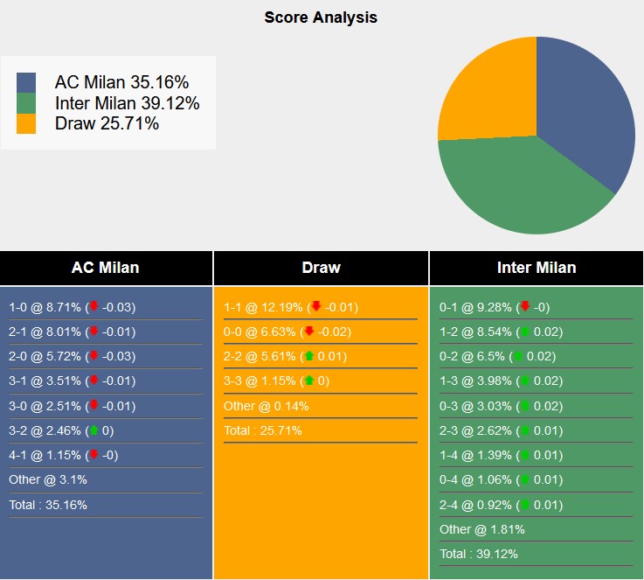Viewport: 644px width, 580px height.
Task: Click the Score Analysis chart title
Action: pos(321,17)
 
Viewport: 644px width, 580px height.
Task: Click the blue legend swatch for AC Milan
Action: pos(26,82)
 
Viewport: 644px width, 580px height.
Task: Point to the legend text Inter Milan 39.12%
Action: pos(127,103)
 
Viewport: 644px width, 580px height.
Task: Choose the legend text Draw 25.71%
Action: pos(107,123)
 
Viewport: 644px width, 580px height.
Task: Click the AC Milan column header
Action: pos(105,268)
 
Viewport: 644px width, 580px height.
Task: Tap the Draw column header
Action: pos(321,268)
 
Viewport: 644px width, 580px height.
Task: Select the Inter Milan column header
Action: pos(537,268)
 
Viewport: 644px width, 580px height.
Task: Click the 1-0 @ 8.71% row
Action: pos(72,307)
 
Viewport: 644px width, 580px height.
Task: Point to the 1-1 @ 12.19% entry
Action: pos(290,307)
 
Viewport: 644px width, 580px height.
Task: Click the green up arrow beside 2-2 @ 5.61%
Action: pos(309,356)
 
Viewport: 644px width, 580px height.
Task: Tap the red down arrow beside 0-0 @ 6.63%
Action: pos(309,332)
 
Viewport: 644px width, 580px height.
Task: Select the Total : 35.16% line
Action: pos(48,505)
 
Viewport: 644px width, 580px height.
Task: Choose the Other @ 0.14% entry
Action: pos(266,406)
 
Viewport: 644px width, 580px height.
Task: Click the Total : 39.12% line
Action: pos(477,554)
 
